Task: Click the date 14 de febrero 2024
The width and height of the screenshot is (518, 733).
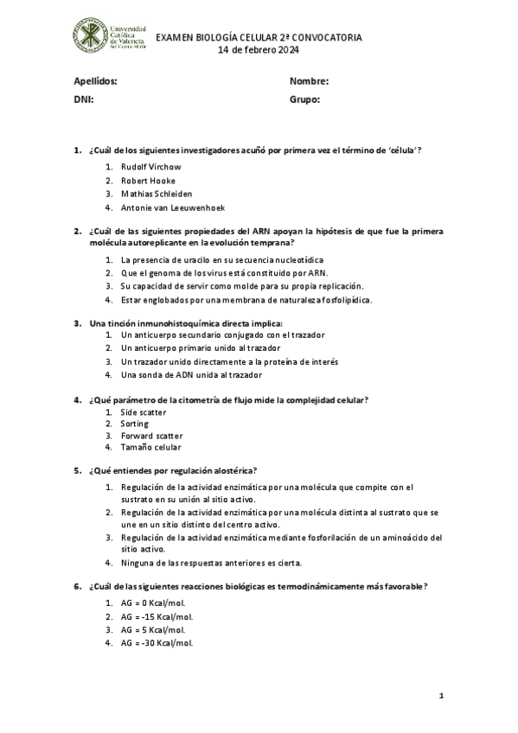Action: (258, 50)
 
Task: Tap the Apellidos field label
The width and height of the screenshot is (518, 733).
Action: (95, 81)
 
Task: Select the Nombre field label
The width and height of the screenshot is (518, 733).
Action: (309, 81)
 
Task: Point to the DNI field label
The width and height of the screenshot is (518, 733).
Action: (83, 99)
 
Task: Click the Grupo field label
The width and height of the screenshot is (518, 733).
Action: (305, 99)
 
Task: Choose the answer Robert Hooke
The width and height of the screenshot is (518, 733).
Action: (148, 181)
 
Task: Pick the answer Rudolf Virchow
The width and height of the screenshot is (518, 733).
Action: (151, 167)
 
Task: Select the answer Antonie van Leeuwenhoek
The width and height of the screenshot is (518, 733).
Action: (174, 207)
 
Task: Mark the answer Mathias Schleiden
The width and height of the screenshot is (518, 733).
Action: (157, 194)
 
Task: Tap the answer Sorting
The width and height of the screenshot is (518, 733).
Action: (135, 424)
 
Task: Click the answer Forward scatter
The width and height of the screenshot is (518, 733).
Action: (151, 436)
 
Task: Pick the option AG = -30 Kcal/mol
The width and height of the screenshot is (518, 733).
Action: (157, 643)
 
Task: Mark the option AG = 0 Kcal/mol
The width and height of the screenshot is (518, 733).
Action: (153, 602)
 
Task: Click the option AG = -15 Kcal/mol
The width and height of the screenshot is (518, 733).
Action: (157, 616)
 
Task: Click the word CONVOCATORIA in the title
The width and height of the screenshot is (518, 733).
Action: (327, 38)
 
